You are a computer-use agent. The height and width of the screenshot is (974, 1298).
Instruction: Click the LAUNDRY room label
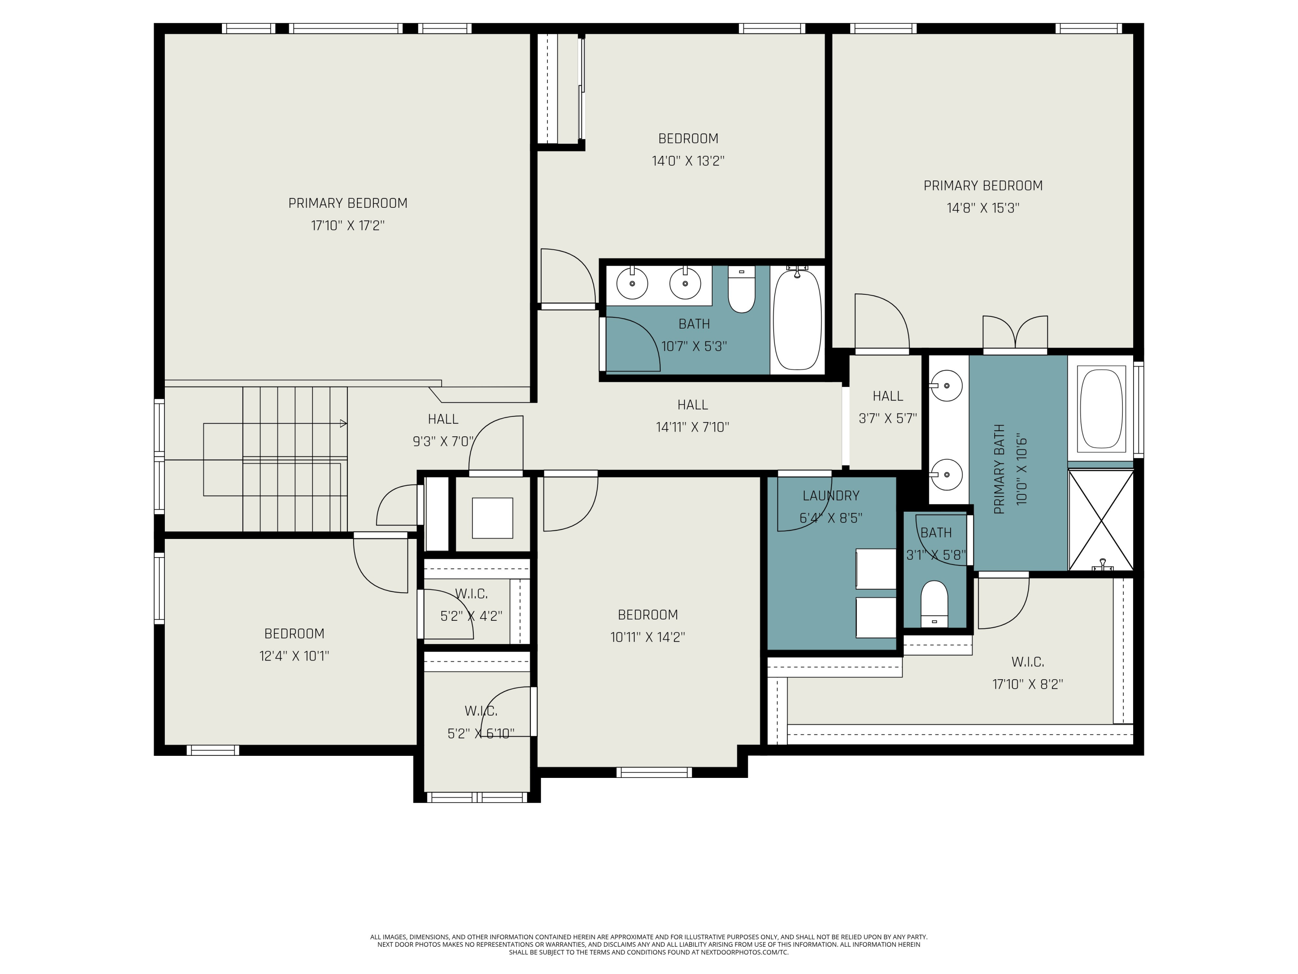(831, 496)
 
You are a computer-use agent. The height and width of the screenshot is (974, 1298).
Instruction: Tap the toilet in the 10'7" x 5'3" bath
(742, 290)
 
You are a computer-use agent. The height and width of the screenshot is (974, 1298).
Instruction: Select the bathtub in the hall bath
(797, 319)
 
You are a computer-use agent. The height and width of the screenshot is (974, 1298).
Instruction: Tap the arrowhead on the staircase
(343, 423)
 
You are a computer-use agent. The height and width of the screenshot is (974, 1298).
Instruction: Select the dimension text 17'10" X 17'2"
(348, 226)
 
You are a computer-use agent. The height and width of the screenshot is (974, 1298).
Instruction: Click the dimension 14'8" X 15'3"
(983, 208)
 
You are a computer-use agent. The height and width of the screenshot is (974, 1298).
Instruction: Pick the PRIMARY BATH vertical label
(1000, 469)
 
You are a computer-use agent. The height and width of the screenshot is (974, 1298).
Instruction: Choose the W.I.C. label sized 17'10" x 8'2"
(1028, 662)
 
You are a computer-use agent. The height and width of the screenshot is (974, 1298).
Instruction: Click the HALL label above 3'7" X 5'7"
(888, 396)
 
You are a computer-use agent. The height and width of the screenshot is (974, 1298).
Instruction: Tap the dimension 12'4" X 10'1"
(295, 656)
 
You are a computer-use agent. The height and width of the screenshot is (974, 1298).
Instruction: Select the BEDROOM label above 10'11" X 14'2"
(648, 615)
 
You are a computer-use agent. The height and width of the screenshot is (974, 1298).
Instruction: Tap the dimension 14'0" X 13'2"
(688, 161)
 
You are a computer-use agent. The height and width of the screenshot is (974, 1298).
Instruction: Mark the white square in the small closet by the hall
(492, 518)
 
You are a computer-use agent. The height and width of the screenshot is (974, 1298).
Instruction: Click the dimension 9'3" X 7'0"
(443, 442)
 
